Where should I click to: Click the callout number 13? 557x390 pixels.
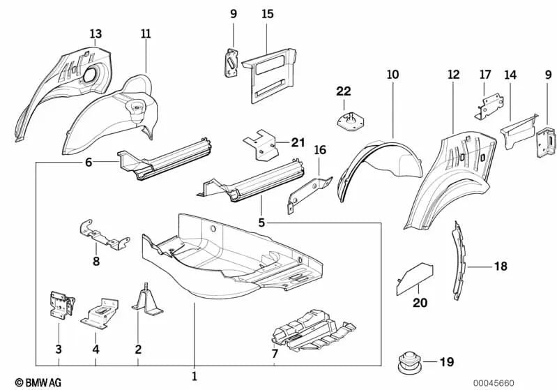tap(95, 33)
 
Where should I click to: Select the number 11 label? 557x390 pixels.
tap(145, 33)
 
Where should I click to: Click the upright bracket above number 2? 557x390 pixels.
tap(146, 300)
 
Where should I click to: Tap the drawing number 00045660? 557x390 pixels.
tap(494, 382)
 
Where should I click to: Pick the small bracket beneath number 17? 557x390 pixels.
tap(489, 105)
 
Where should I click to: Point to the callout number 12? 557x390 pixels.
tap(453, 74)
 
